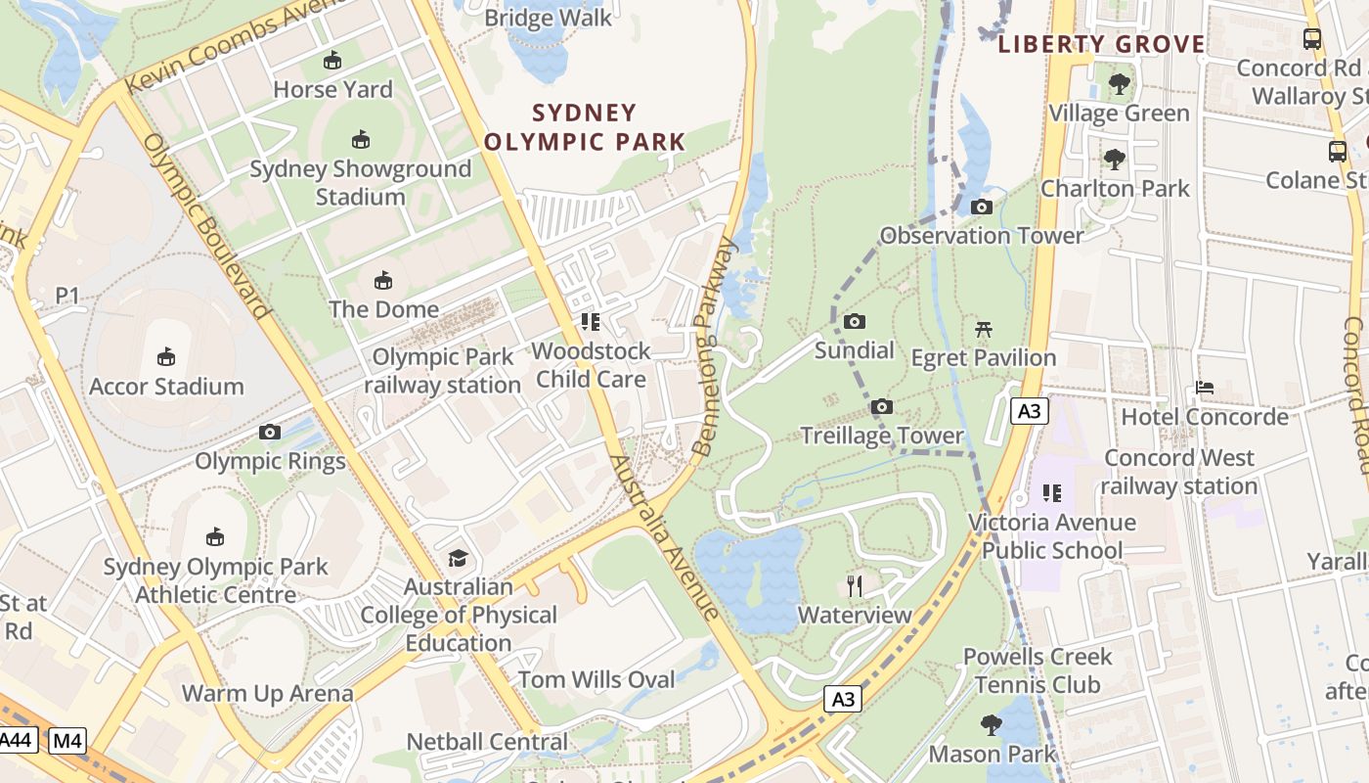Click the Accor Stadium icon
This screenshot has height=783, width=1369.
click(x=166, y=356)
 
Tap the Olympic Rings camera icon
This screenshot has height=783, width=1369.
click(x=270, y=432)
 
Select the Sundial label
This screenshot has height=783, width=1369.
click(x=855, y=350)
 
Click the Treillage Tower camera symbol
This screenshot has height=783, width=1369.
click(x=882, y=406)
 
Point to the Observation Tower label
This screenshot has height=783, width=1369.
click(x=982, y=236)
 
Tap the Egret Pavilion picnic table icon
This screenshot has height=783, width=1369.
click(x=984, y=329)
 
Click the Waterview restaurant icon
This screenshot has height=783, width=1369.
click(x=855, y=586)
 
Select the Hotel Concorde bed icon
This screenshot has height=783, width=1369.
click(x=1205, y=388)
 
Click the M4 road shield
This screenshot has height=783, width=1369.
click(x=67, y=741)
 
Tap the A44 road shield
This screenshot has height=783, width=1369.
click(x=17, y=741)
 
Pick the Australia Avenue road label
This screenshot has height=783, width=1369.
click(x=665, y=538)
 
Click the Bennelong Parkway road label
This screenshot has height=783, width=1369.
click(x=714, y=347)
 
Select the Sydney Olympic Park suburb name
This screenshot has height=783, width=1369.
click(x=585, y=127)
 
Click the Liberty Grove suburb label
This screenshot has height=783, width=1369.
click(x=1101, y=44)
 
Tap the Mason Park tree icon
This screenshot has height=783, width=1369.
click(x=992, y=725)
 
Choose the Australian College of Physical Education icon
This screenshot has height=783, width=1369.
click(x=458, y=559)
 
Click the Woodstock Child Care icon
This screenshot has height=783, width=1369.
click(x=590, y=321)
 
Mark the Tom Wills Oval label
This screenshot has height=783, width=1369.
click(x=596, y=679)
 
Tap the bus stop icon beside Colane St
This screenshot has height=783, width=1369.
click(x=1338, y=152)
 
